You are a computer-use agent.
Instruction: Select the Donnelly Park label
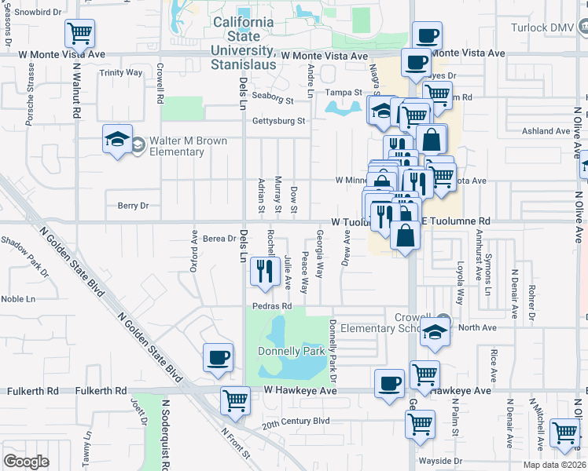point(292,350)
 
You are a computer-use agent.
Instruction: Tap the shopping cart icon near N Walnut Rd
point(79,35)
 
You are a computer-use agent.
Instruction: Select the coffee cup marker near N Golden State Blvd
point(218,358)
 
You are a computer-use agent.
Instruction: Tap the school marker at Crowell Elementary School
point(435,333)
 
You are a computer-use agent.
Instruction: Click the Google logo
point(26,461)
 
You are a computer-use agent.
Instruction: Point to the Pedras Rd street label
point(272,305)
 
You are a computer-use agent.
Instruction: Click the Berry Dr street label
point(133,206)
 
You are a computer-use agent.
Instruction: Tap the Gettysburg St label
point(278,121)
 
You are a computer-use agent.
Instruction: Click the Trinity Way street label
point(121,72)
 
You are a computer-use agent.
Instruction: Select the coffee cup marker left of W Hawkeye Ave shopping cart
point(389,384)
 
